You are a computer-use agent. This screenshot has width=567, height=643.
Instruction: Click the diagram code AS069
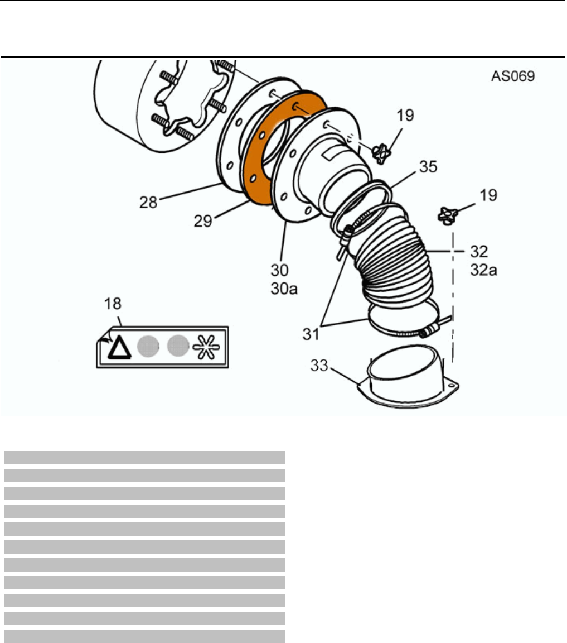512,76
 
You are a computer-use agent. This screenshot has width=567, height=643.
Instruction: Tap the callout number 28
148,202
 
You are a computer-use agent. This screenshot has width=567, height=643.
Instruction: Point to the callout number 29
203,221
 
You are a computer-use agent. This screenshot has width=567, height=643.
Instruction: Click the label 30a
284,289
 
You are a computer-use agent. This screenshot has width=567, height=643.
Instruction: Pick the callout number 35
428,166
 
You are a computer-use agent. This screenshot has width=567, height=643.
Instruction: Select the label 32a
483,270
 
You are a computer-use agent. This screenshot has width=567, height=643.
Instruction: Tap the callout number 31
311,334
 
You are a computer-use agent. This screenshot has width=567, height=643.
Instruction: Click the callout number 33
319,365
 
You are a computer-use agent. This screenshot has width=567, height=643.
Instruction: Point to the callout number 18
113,304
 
